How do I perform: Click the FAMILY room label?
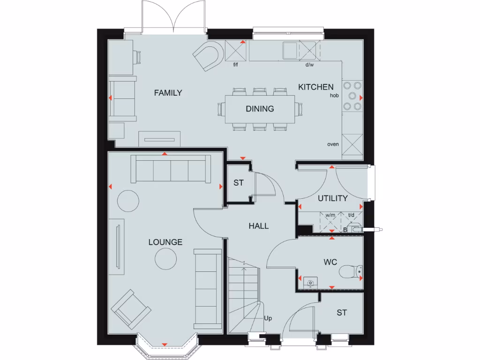coord(168,93)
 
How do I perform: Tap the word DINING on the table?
coord(260,109)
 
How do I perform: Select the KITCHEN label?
coord(316,87)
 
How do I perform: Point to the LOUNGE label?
coord(165,242)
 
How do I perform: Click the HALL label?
coord(259,226)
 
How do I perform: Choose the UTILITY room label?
coord(333,198)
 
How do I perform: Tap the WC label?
coord(330,262)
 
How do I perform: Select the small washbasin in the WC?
coord(310,282)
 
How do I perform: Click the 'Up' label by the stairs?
coord(268,319)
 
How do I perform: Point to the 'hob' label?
coord(334,95)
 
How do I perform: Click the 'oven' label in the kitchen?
coord(333,144)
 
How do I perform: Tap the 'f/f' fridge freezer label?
coord(237,65)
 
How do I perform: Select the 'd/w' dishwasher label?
coord(309,65)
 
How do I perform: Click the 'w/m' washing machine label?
coord(330,215)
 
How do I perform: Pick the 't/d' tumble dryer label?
coord(351,215)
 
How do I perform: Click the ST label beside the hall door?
coord(239,183)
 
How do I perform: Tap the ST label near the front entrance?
coord(342,313)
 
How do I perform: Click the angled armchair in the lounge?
coord(131,308)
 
